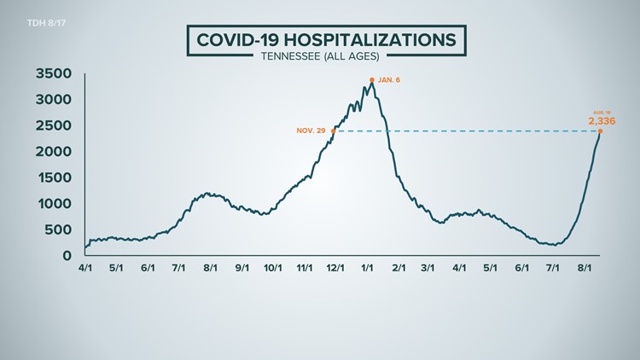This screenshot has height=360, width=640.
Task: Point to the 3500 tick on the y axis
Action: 53,73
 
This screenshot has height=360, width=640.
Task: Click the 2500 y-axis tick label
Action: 53,125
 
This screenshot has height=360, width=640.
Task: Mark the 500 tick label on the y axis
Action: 58,229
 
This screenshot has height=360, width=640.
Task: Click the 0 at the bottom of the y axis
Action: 67,255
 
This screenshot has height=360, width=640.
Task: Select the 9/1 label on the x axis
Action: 241,268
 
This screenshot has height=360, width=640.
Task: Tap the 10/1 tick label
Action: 273,268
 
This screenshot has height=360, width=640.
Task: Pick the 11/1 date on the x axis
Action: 304,268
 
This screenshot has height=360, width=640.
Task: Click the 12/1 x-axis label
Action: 335,268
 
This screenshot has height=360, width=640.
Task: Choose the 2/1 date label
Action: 399,268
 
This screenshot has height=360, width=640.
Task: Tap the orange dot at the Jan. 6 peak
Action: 372,80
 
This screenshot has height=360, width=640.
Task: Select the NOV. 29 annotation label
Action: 311,131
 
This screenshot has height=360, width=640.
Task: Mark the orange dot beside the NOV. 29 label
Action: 333,131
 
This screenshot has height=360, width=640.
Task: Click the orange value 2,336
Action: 602,121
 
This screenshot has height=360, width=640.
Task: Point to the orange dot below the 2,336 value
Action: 601,131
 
